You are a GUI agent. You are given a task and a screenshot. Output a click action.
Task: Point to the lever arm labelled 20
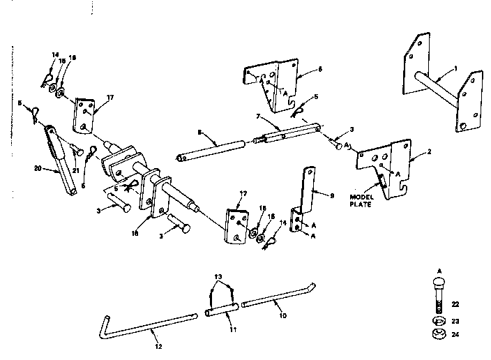pyautogui.click(x=63, y=160)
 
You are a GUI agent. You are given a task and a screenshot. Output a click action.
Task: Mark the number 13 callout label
pyautogui.click(x=219, y=276)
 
